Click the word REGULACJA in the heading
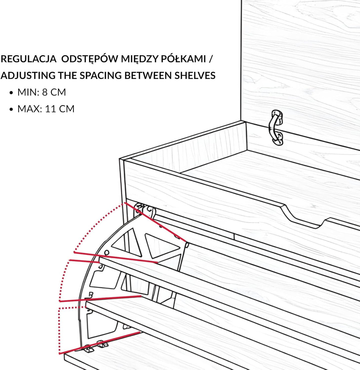tap(29, 59)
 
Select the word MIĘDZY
tap(139, 59)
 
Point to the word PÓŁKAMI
tap(183, 59)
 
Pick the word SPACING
tap(100, 76)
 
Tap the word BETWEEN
tap(148, 76)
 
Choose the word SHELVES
tap(195, 76)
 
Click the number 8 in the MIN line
tap(45, 92)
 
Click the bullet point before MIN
tap(11, 93)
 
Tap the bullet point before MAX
tap(11, 109)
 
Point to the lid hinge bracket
tap(276, 127)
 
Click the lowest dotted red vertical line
tap(59, 330)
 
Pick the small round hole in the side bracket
tap(107, 253)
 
